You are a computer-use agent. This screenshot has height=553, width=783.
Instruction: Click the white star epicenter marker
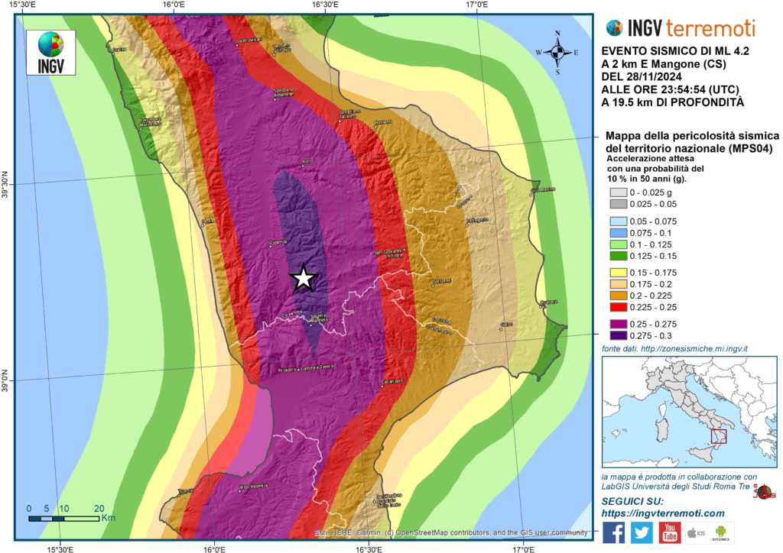point(304,279)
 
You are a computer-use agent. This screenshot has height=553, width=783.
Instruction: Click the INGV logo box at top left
point(51,53)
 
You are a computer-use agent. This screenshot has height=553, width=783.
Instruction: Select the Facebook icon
point(613,532)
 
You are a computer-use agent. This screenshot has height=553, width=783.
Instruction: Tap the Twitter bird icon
point(642,532)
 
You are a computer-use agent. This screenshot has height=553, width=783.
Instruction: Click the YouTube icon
point(670,532)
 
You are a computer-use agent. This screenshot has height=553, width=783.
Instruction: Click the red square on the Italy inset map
point(718,436)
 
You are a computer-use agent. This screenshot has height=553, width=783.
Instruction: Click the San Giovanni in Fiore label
point(388,254)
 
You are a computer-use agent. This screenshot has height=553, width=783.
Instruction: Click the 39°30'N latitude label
point(8,184)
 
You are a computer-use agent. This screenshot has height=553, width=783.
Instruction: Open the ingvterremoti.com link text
point(663,513)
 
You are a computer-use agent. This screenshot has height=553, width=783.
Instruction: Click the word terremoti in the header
point(710,28)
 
